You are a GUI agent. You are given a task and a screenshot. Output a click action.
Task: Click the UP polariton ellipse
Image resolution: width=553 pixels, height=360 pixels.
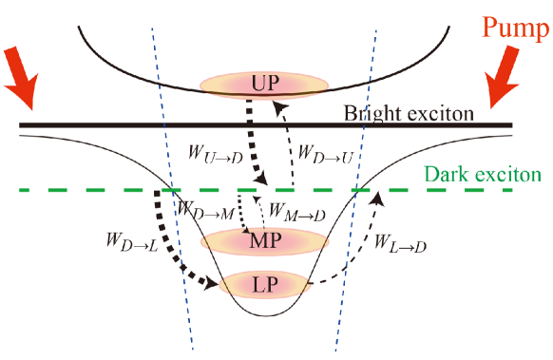265,85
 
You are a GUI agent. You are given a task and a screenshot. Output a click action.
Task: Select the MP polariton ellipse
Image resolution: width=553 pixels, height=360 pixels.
265,241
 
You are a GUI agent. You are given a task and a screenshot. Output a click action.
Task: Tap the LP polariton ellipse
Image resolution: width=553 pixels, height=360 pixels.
265,283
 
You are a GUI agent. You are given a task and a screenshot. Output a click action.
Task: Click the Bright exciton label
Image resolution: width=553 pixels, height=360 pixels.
408,113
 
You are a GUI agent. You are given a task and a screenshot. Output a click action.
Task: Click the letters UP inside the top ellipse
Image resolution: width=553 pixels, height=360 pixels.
265,85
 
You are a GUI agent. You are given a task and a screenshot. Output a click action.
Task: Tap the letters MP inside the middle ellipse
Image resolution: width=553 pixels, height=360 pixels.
265,241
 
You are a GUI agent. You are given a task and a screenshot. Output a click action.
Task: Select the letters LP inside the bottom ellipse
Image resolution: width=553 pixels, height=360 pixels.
265,283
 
